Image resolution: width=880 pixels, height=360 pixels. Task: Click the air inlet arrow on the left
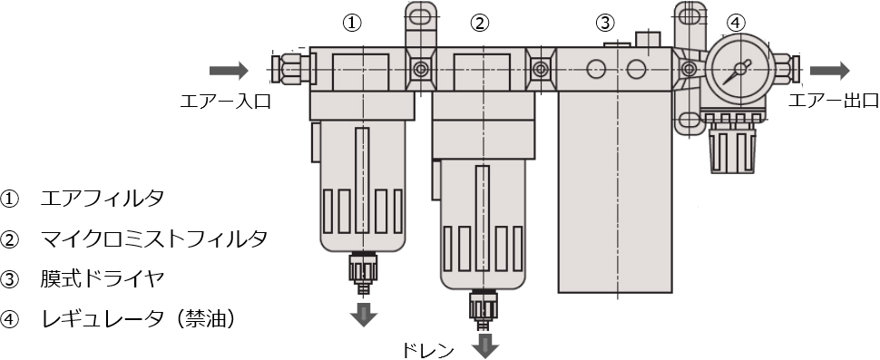click(x=228, y=71)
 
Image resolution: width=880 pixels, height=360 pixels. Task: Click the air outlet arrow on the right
click(x=829, y=71)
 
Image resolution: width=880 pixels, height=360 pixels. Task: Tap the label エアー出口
click(x=822, y=100)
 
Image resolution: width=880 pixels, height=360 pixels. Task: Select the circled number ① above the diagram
click(x=353, y=23)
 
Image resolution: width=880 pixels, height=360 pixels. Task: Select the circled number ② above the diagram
click(x=482, y=23)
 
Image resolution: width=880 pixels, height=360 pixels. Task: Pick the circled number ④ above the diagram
click(x=737, y=23)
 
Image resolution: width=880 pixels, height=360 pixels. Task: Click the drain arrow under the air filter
click(x=365, y=315)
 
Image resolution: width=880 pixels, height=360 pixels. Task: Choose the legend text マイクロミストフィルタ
click(x=154, y=238)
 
